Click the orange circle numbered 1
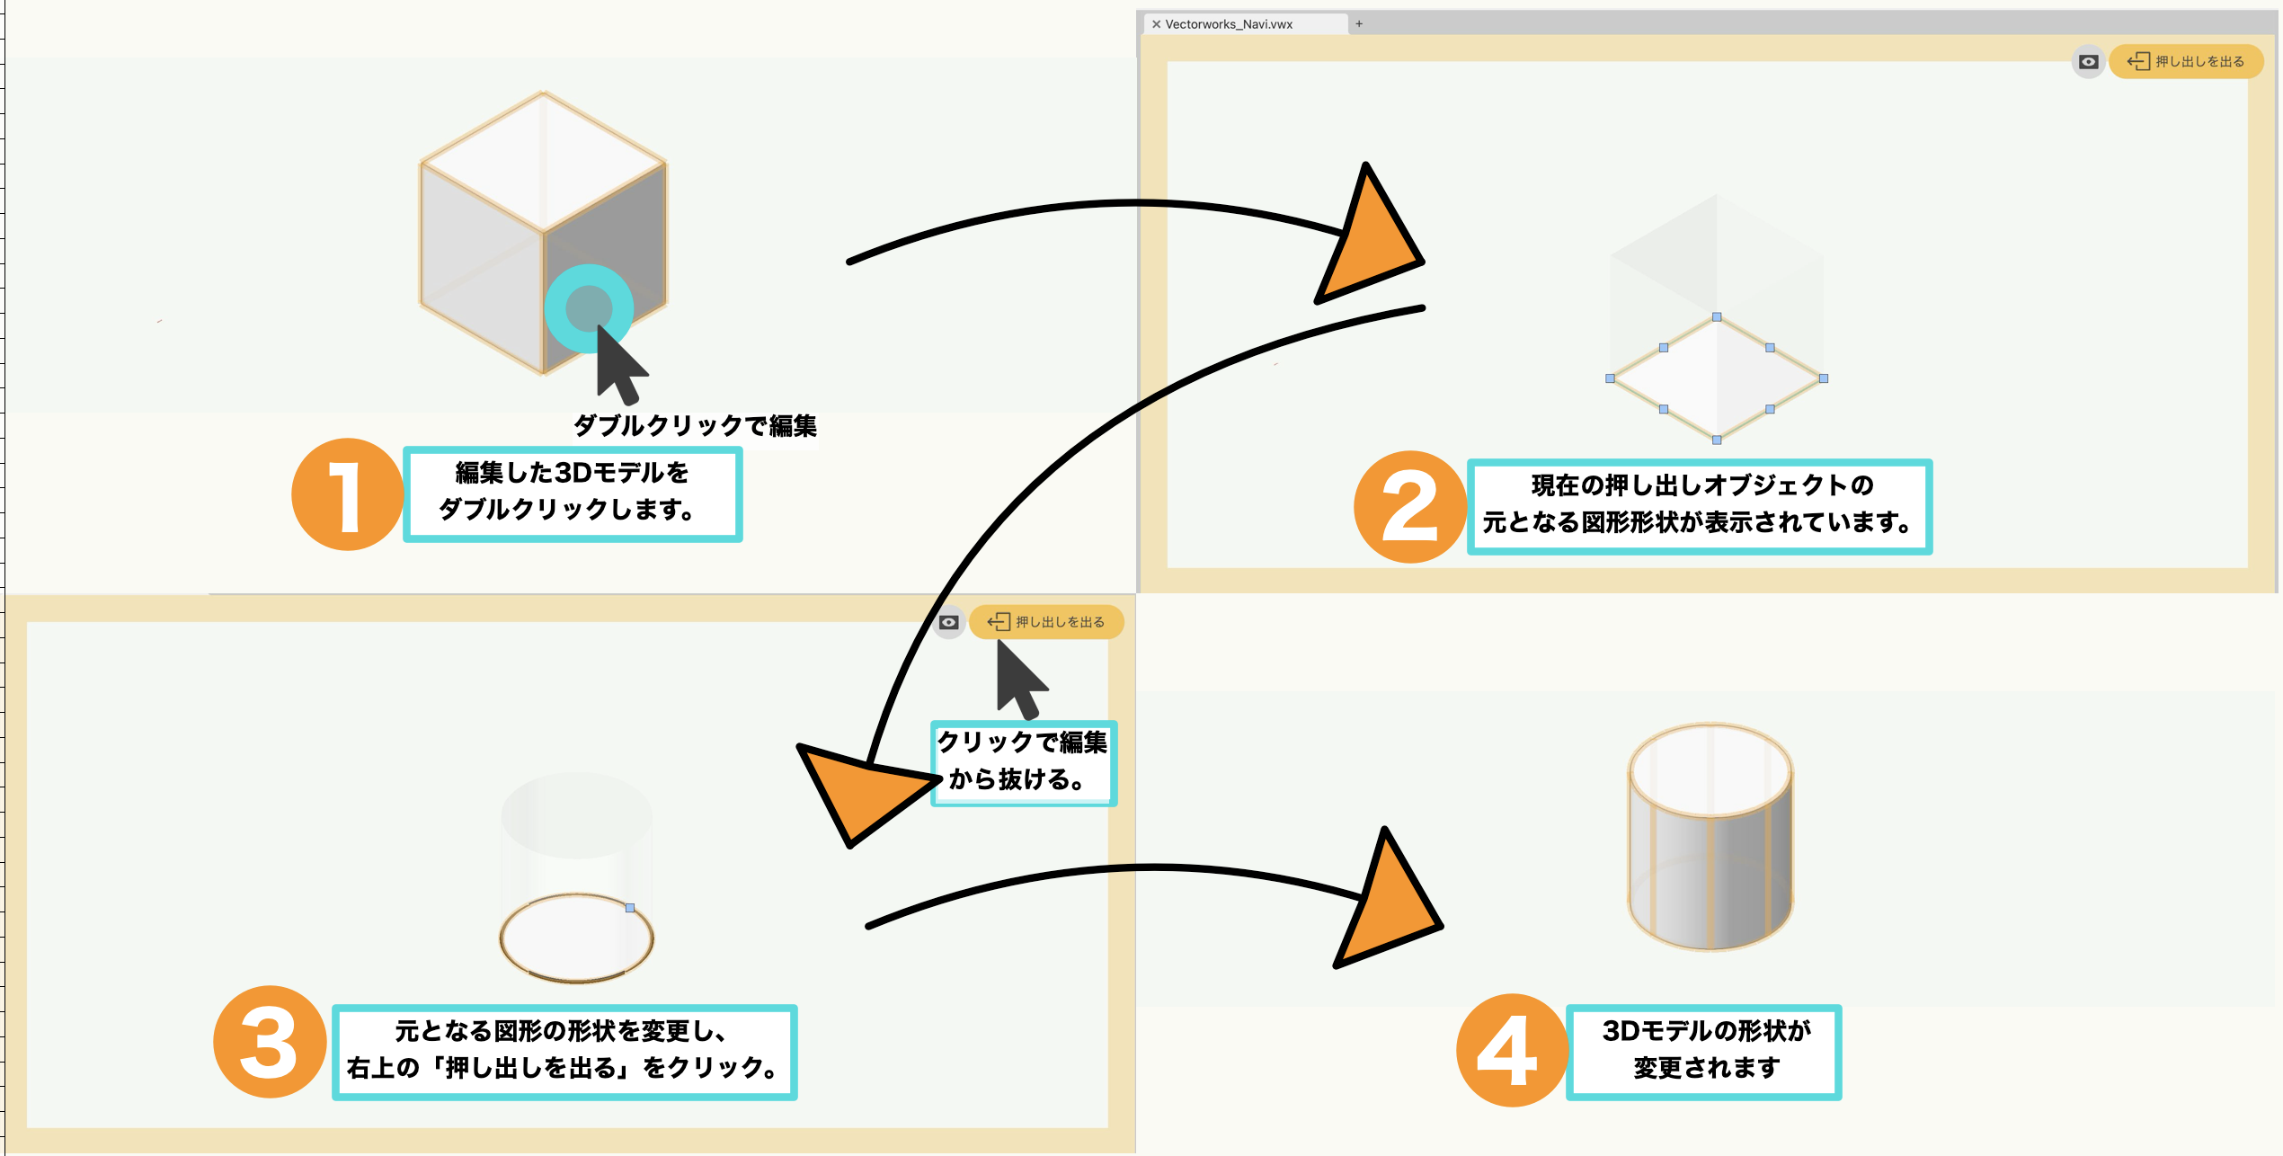(x=347, y=494)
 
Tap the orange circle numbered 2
(x=1409, y=507)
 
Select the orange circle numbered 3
(x=269, y=1042)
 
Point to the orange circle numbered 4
(x=1512, y=1050)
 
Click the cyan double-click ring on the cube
(x=589, y=308)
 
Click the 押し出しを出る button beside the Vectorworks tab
(x=2185, y=61)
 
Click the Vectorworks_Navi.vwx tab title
(x=1228, y=24)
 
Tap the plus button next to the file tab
(x=1359, y=24)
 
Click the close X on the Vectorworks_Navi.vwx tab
(x=1156, y=24)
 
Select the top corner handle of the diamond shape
(x=1717, y=317)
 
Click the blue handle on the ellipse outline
(x=630, y=908)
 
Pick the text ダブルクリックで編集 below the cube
(x=695, y=425)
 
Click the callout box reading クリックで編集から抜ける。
(x=1023, y=762)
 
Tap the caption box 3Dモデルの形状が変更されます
(x=1704, y=1051)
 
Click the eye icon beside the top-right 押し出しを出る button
(x=2088, y=62)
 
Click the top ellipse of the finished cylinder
(x=1710, y=769)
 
